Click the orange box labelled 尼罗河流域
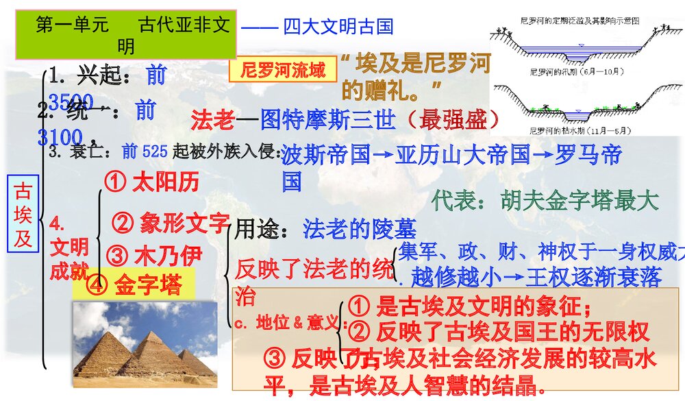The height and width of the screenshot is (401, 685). (x=283, y=70)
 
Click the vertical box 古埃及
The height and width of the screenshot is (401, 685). (x=23, y=214)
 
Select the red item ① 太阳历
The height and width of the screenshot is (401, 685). (x=153, y=182)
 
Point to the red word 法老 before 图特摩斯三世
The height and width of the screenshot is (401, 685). (x=213, y=120)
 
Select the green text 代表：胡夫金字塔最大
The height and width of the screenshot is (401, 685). (x=545, y=200)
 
